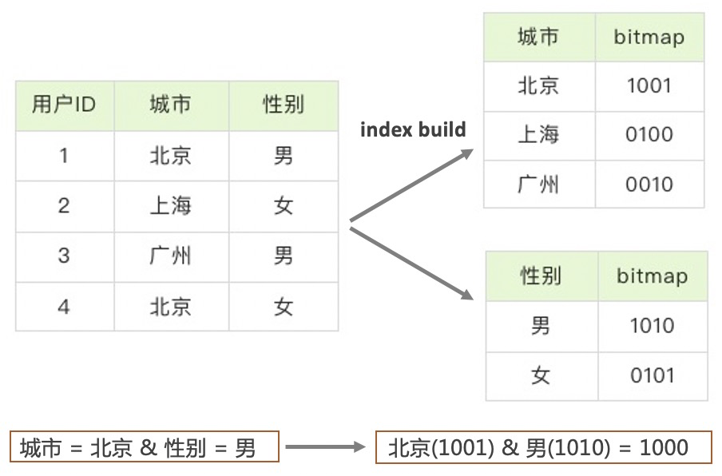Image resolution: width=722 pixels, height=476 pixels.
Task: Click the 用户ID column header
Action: coord(64,105)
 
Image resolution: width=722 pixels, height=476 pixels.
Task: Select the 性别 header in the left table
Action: coord(284,105)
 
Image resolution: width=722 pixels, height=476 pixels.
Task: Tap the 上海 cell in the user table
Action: coord(171,206)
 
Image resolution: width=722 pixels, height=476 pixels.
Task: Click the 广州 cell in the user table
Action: coord(171,256)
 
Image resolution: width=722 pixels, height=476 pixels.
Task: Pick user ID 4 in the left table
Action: coord(64,307)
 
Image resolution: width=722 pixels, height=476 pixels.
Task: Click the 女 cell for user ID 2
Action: coord(284,206)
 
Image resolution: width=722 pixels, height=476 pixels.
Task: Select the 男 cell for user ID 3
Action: coord(284,256)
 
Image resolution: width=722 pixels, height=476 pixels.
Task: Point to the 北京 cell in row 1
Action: coord(171,155)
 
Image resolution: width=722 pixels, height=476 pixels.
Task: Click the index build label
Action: coord(413,129)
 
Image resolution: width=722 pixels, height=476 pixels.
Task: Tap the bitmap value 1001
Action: coord(649,85)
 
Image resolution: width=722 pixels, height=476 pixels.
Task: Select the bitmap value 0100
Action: coord(649,134)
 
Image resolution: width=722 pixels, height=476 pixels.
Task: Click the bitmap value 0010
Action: coord(649,184)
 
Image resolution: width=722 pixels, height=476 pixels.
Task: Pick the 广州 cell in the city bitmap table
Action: coord(538,184)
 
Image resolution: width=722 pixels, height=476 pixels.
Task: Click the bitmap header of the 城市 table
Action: coord(649,38)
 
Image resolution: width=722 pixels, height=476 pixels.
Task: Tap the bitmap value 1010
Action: coord(652,326)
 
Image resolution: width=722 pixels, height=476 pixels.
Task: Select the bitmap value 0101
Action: coord(652,375)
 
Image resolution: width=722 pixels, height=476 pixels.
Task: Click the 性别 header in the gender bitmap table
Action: coord(541,276)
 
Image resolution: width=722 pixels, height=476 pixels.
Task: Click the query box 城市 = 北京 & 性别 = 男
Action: coord(145,448)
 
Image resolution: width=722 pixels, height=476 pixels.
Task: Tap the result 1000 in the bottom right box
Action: coord(664,448)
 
